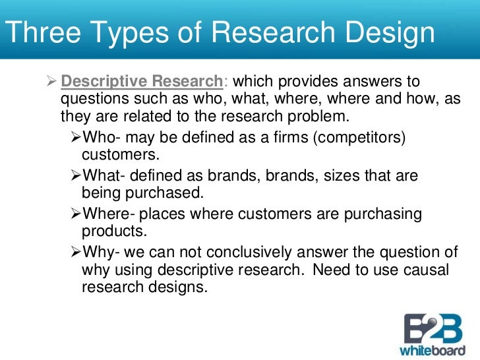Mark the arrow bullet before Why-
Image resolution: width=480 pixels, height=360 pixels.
pos(75,253)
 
